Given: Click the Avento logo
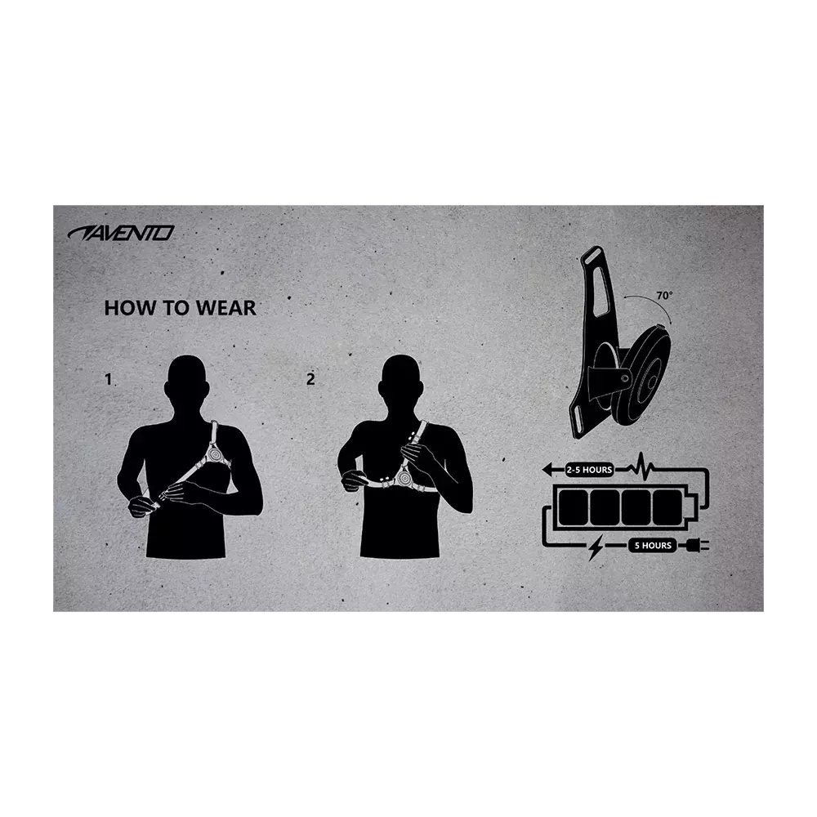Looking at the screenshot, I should pos(120,233).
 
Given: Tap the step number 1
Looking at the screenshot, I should pos(108,379).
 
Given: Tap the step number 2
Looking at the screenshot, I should pos(310,379).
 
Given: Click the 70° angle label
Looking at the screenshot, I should pos(665,296).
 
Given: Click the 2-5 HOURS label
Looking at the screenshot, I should pos(588,470).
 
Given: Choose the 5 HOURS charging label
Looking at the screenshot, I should pos(652,546).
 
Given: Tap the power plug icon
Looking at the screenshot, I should pos(700,546).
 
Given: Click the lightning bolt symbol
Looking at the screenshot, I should pos(595,547).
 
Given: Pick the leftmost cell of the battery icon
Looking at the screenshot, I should pos(572,507).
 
